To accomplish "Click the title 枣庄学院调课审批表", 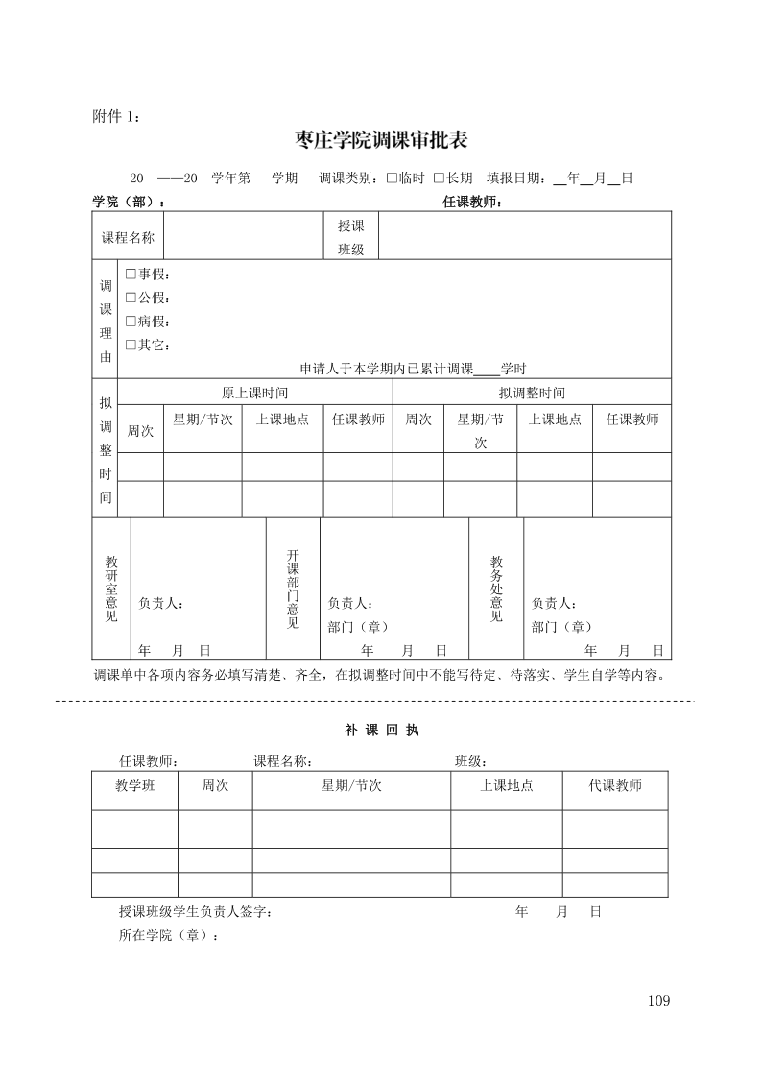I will tap(382, 141).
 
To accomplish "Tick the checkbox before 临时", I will tap(392, 179).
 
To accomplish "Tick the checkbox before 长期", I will tap(439, 179).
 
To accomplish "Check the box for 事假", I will tap(131, 274).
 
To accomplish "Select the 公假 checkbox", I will tap(131, 298).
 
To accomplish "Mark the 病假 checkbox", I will tap(131, 322).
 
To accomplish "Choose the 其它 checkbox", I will tap(131, 345).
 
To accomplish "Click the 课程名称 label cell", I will tap(128, 237).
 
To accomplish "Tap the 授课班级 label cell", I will tap(350, 237).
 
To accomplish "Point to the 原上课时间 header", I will tap(254, 393).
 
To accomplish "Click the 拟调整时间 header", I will tap(532, 393).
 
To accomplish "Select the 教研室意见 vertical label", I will tap(111, 587).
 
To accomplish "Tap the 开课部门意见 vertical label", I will tap(293, 587).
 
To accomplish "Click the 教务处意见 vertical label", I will tap(496, 587).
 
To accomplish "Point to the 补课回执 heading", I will tap(381, 730).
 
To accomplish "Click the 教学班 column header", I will tap(135, 786).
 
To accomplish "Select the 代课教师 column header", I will tap(615, 786).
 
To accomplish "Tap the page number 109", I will tap(658, 1001).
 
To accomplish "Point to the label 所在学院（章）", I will tap(168, 936).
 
